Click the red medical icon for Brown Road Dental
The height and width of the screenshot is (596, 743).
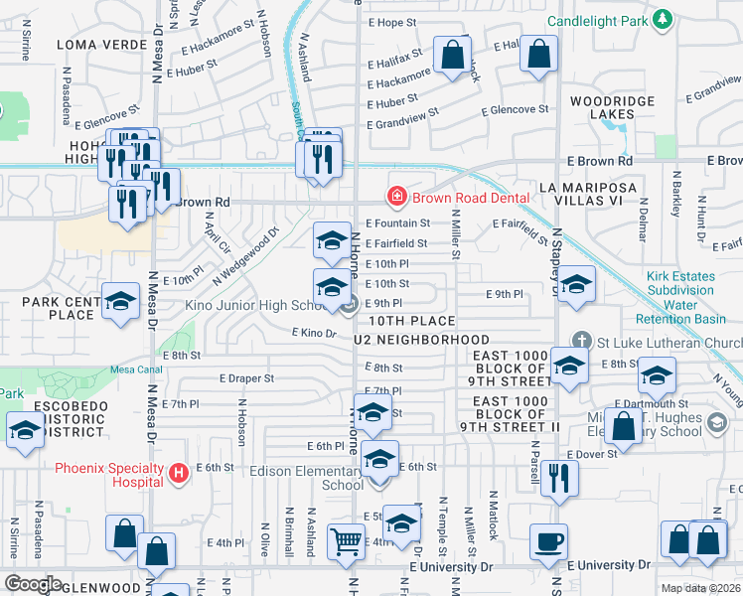(397, 198)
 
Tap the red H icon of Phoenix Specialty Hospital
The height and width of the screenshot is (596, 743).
(179, 473)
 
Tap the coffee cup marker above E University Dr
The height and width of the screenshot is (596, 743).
(548, 542)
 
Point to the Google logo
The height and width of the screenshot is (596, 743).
(33, 583)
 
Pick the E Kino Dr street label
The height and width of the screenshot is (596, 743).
(315, 333)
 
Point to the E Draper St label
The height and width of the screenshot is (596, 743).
(246, 378)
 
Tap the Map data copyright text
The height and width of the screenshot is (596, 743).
(701, 588)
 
